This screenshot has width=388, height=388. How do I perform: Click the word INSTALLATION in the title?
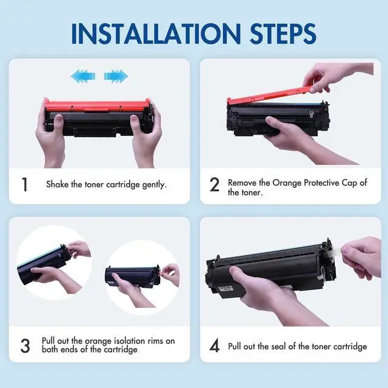click(156, 34)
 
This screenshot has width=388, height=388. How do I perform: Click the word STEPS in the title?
click(283, 34)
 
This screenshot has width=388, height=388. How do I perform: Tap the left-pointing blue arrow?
click(83, 76)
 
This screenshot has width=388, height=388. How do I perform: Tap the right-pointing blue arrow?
click(116, 76)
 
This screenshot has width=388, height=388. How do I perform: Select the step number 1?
click(24, 184)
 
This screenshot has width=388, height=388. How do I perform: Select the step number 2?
click(214, 184)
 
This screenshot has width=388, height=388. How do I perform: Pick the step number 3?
click(25, 346)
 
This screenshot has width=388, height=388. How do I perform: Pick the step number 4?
click(214, 346)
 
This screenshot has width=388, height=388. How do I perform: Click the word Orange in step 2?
click(287, 183)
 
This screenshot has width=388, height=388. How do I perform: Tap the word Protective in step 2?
click(322, 183)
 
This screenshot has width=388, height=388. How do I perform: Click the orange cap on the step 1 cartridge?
click(97, 105)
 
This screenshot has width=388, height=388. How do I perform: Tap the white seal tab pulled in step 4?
click(336, 252)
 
